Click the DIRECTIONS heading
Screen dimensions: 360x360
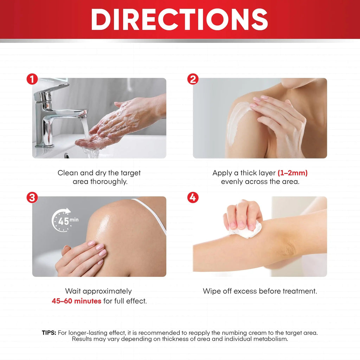(x=180, y=19)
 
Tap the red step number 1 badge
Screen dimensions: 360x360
(x=32, y=79)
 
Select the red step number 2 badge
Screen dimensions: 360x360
(x=193, y=79)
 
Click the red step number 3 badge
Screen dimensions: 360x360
(x=32, y=198)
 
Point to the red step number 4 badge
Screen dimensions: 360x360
(x=193, y=198)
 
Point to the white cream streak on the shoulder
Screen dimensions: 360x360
(x=237, y=122)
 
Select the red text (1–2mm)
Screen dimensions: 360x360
(x=292, y=173)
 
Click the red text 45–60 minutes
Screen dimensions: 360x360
(x=76, y=301)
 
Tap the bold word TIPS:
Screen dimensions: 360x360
(x=49, y=333)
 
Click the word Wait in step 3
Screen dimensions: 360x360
(x=73, y=291)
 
